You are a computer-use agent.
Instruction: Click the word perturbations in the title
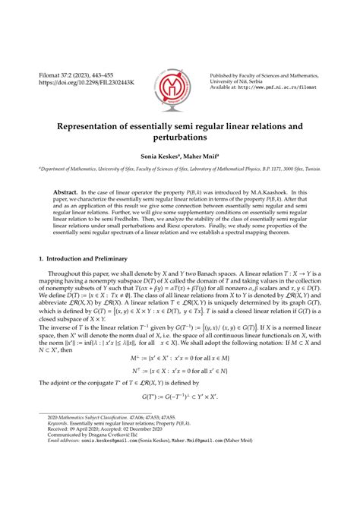(x=180, y=140)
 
